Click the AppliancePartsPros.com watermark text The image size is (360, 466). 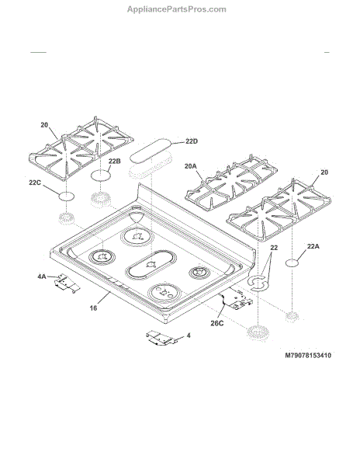177,9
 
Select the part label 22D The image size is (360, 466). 192,141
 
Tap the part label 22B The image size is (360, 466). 114,162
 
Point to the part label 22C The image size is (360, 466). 35,183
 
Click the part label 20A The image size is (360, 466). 191,166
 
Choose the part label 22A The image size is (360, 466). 313,246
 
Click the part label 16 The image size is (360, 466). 93,308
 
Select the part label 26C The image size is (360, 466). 217,323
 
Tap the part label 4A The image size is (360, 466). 42,276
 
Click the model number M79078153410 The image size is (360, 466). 308,356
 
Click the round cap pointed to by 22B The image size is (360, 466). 101,175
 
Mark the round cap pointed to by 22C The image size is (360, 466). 66,196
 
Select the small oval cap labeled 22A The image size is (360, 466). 292,263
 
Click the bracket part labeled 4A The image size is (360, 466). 67,283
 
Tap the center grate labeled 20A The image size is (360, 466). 231,183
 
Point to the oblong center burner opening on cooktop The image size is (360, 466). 151,265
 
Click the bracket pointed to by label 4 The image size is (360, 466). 161,338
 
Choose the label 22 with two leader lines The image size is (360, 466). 274,248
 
